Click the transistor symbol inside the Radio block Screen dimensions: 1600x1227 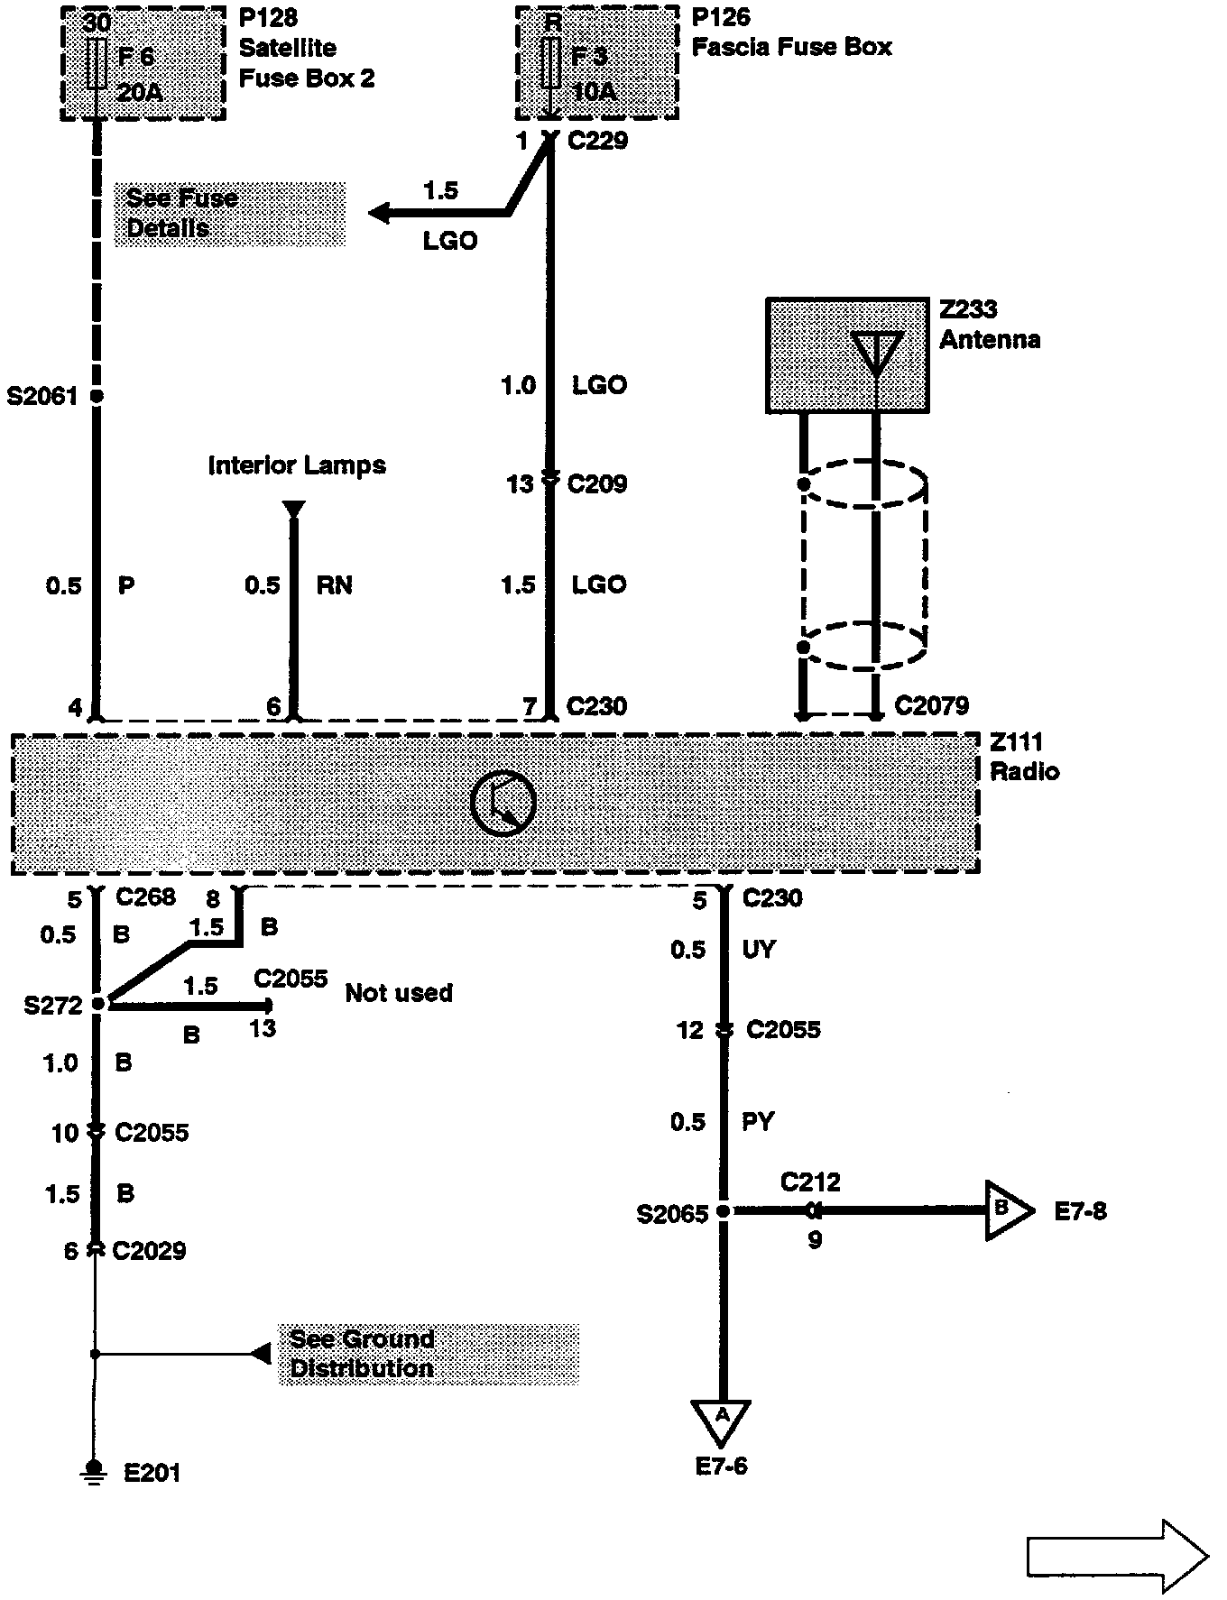click(503, 803)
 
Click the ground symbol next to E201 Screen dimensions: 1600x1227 click(93, 1473)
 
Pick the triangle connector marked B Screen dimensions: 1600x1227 click(1007, 1209)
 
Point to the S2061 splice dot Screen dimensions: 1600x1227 click(97, 396)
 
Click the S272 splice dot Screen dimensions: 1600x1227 click(99, 1003)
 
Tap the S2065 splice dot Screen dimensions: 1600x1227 click(723, 1211)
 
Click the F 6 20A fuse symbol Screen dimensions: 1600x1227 click(97, 64)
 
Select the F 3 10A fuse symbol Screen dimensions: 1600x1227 click(550, 64)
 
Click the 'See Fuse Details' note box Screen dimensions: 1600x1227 click(230, 214)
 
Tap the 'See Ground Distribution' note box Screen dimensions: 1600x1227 click(429, 1354)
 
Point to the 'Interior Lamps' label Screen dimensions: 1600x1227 click(297, 465)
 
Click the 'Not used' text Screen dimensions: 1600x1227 click(399, 993)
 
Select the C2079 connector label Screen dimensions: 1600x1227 click(931, 705)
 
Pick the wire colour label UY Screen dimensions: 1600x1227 click(758, 949)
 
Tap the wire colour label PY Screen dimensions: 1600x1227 click(758, 1121)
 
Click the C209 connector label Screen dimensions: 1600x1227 click(596, 483)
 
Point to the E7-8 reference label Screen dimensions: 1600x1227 click(1080, 1210)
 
